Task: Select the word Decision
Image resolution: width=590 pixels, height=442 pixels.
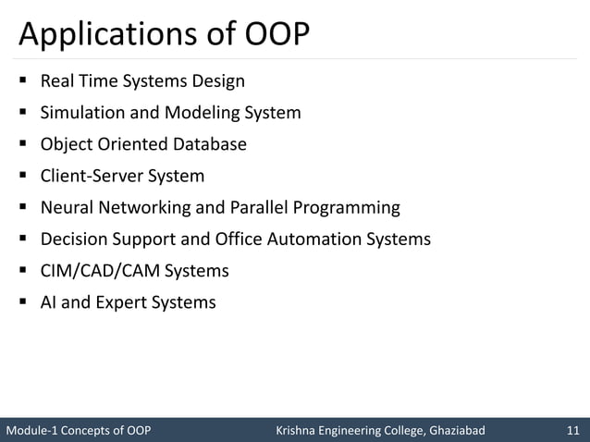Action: pos(74,239)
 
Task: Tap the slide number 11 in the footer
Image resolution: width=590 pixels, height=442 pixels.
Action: pos(572,430)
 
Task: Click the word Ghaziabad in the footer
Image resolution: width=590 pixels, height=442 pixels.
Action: pos(454,430)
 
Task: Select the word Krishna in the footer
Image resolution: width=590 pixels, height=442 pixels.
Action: pos(300,430)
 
